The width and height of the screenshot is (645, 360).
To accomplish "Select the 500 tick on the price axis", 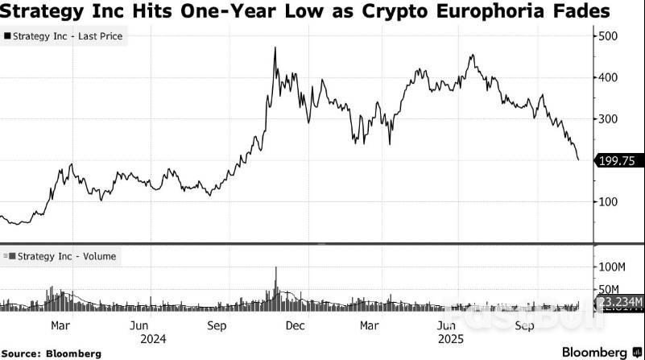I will click(610, 36).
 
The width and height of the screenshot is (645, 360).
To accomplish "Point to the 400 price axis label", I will click(610, 77).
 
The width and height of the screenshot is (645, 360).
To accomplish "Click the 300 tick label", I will click(610, 119).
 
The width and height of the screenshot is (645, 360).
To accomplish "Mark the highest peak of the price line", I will click(275, 48).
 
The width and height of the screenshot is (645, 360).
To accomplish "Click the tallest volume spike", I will click(275, 268).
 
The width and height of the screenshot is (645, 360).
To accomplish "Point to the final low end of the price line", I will click(578, 159).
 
